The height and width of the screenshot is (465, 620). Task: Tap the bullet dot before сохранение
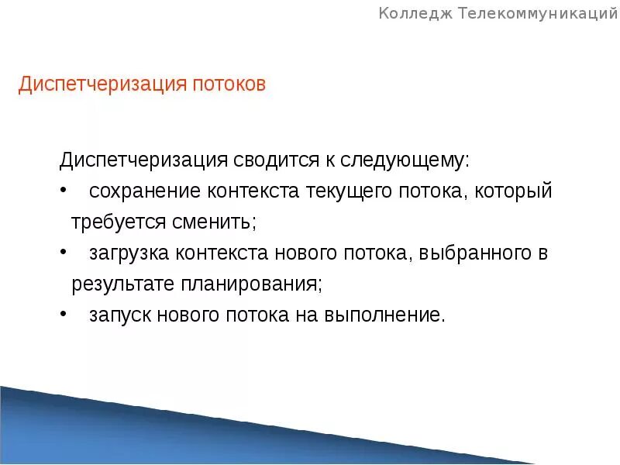(63, 191)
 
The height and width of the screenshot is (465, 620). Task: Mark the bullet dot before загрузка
(63, 253)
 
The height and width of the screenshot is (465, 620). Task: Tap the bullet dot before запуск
(63, 315)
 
